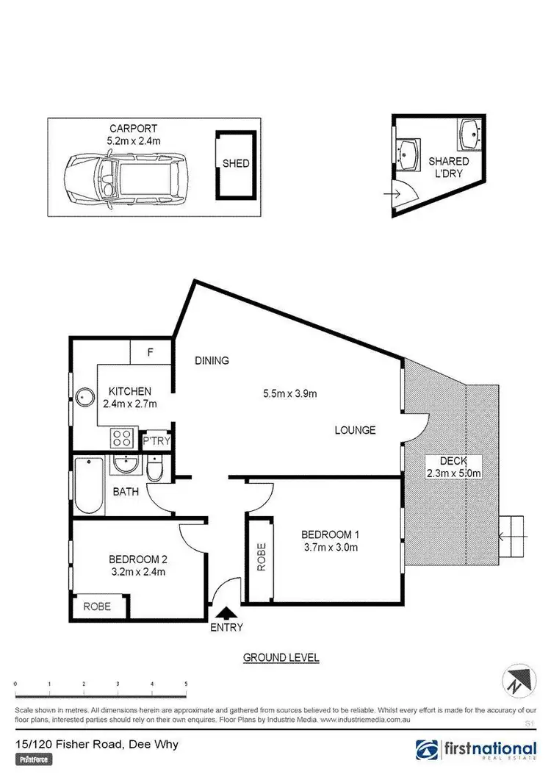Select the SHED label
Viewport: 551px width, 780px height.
[236, 164]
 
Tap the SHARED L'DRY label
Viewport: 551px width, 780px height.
[448, 168]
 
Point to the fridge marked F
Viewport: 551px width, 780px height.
[150, 352]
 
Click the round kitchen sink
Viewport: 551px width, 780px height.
[84, 398]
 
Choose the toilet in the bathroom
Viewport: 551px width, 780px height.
[155, 470]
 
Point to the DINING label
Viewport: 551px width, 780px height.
[212, 360]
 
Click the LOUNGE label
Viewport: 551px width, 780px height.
[356, 430]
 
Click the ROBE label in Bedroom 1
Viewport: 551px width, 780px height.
[259, 557]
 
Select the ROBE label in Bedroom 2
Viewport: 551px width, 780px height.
[96, 607]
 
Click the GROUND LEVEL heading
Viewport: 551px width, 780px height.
[281, 657]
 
